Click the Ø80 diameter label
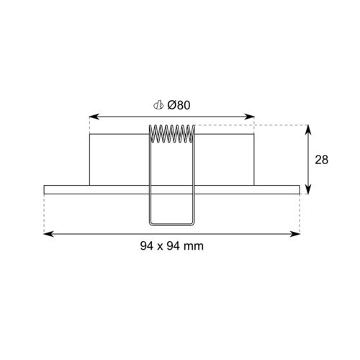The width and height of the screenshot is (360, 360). [x=179, y=105]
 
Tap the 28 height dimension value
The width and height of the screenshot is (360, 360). [x=322, y=160]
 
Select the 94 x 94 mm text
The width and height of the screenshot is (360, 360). [x=172, y=246]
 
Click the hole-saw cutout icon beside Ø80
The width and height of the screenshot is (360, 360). [x=158, y=105]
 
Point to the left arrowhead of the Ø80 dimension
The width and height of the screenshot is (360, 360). [x=94, y=117]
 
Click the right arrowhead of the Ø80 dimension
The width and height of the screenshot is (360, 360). [x=249, y=117]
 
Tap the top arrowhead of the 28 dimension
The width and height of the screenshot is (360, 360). [x=308, y=130]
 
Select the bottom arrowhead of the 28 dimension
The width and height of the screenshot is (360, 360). [x=308, y=189]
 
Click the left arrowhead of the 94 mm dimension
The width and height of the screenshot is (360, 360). [x=49, y=234]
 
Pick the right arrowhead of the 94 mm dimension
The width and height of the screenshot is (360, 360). [x=295, y=234]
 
